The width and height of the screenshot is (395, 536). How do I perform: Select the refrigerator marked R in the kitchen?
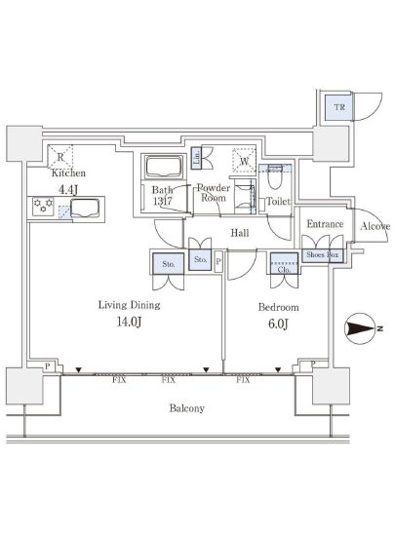(x=60, y=155)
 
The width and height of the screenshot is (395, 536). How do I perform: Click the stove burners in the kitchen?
(x=43, y=207)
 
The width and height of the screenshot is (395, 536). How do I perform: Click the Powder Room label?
(x=214, y=192)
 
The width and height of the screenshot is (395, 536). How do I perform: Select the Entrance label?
(x=324, y=224)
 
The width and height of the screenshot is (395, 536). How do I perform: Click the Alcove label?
(x=375, y=226)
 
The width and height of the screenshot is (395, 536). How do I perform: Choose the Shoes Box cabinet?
(x=321, y=255)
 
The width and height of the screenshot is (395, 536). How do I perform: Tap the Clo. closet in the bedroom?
(x=284, y=261)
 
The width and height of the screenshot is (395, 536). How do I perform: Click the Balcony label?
(x=184, y=408)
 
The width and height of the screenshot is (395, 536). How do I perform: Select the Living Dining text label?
(x=129, y=305)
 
